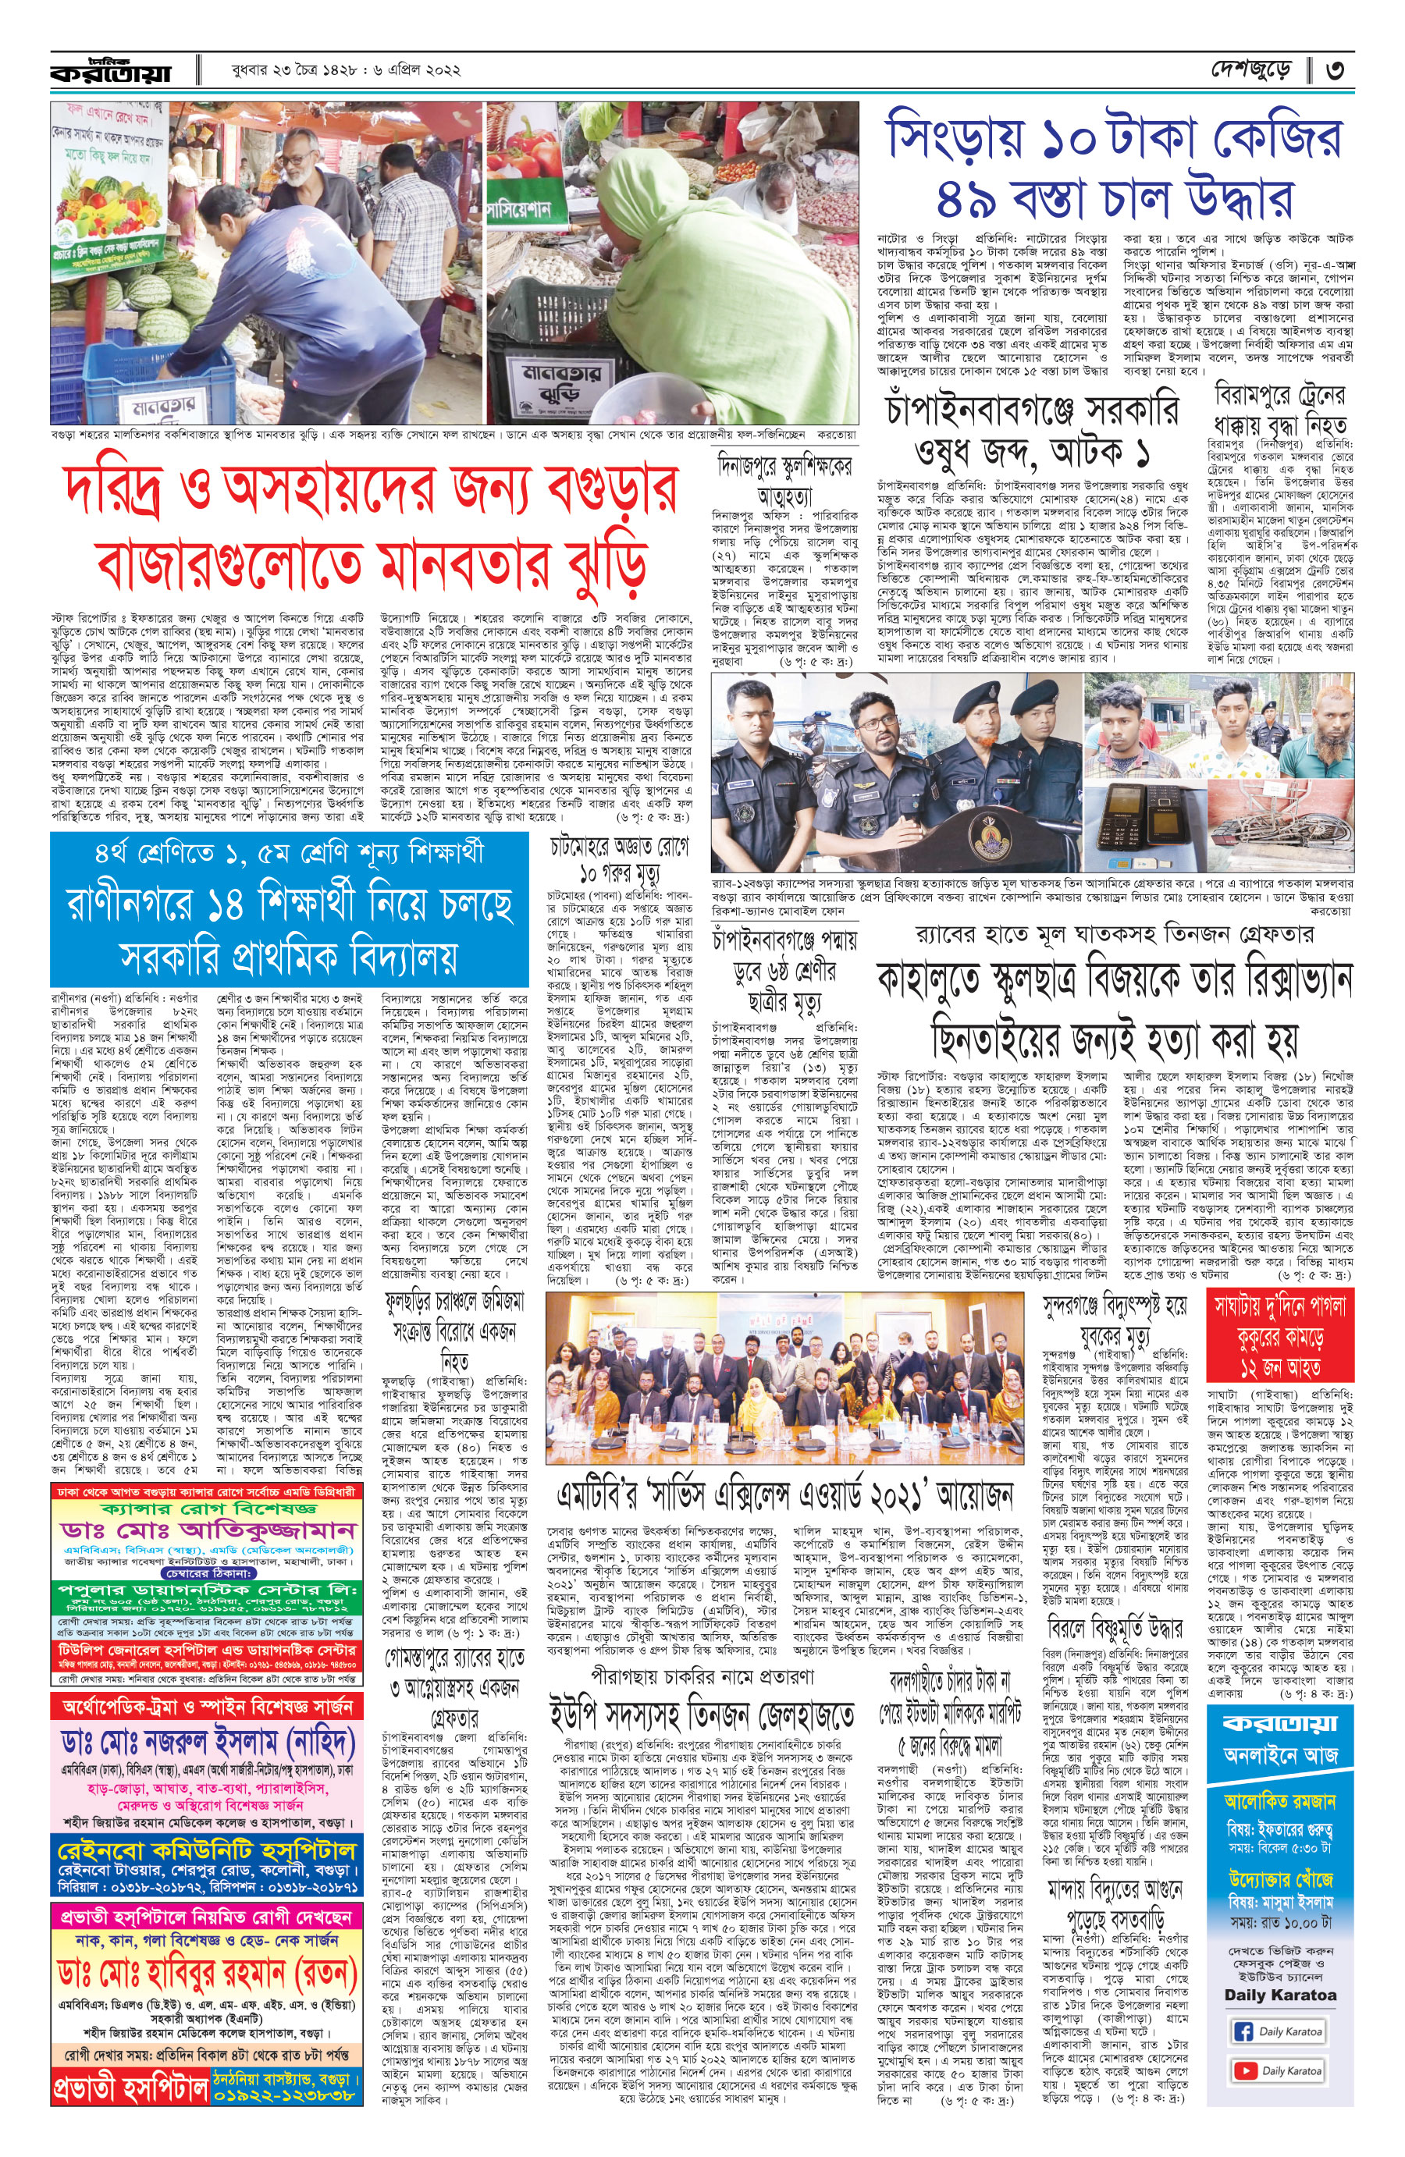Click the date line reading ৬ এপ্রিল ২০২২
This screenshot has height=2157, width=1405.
[412, 71]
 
